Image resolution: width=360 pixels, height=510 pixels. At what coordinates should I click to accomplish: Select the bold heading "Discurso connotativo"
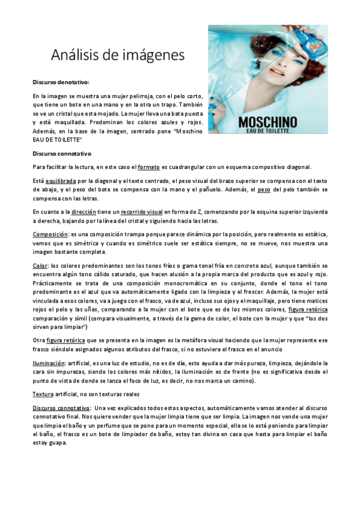pos(60,153)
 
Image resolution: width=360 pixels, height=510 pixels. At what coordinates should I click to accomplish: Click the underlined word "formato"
pos(149,166)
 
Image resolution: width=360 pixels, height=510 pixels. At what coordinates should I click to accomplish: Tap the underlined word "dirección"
pos(84,212)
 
